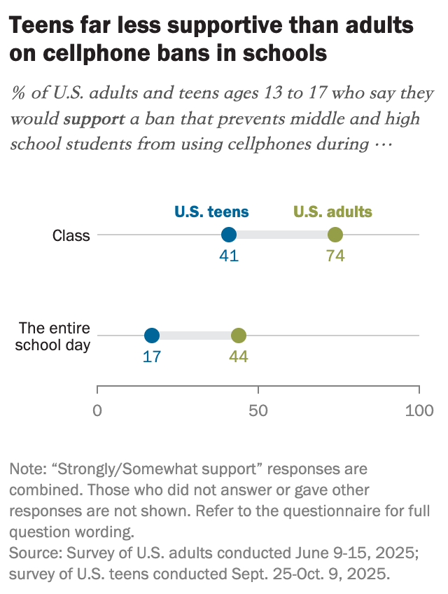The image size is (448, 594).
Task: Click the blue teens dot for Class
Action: click(229, 235)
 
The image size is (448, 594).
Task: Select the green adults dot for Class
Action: click(335, 235)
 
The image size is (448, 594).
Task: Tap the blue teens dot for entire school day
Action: click(152, 336)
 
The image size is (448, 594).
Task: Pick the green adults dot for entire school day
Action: click(239, 336)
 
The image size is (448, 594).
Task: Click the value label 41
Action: click(229, 256)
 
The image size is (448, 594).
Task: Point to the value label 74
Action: click(335, 256)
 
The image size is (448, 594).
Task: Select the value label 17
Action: click(152, 357)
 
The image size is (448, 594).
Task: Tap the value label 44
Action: click(239, 357)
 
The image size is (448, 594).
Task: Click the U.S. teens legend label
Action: click(211, 212)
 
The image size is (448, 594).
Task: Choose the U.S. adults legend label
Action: click(332, 212)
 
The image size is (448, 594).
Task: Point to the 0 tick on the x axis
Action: click(97, 410)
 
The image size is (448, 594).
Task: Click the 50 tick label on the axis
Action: click(258, 410)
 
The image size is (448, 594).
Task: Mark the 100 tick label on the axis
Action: click(419, 410)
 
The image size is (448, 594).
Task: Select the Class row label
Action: click(72, 235)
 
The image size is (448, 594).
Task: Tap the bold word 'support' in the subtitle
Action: click(93, 118)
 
